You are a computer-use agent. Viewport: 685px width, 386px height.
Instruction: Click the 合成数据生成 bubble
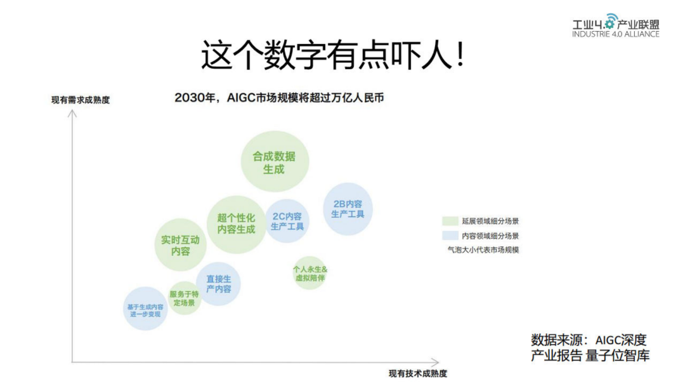tap(275, 162)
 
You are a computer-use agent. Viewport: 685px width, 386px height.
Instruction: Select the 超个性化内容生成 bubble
tap(237, 224)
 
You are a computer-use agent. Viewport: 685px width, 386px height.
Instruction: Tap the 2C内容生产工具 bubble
tap(287, 220)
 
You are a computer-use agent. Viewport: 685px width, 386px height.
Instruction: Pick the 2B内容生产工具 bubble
tap(348, 209)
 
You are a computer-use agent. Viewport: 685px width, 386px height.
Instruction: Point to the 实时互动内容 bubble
tap(180, 245)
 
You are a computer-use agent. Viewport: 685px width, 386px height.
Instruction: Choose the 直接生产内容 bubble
tap(218, 284)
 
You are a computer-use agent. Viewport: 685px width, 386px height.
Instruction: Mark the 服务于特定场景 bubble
tap(184, 298)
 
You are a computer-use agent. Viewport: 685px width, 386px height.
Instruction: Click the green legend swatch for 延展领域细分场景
tap(450, 221)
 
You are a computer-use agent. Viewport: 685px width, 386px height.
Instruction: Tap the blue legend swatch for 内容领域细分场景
tap(450, 236)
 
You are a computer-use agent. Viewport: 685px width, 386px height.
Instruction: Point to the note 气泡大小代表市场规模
tap(483, 250)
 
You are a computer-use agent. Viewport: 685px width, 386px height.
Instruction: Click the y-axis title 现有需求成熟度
tap(81, 100)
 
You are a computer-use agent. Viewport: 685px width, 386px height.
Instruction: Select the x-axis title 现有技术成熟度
tap(418, 373)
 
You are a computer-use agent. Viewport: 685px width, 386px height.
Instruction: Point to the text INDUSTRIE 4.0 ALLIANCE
tap(615, 34)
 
